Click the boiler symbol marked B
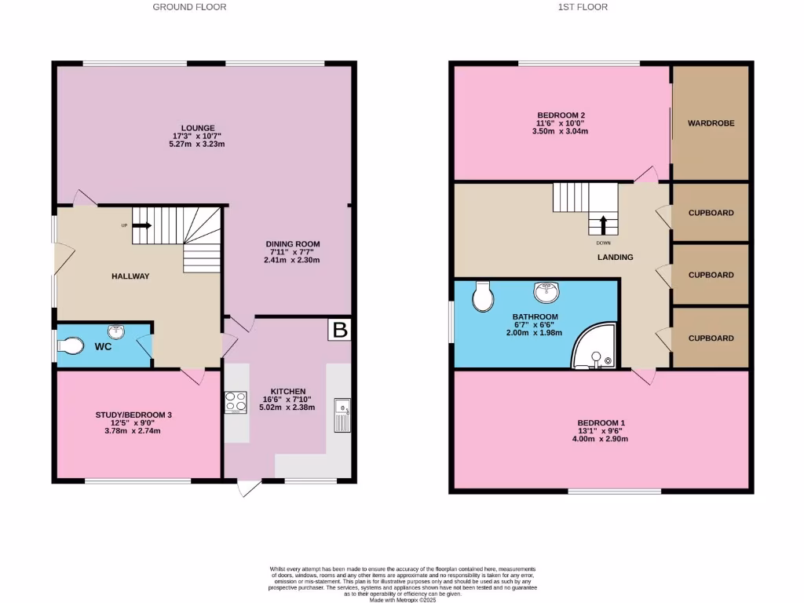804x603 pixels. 340,330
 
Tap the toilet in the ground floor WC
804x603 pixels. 70,346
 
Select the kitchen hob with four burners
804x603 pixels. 236,402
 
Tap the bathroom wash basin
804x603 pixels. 547,293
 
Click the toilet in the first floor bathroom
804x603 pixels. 484,296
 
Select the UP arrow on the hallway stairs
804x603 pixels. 141,226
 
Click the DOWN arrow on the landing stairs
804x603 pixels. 603,225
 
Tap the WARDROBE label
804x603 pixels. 711,123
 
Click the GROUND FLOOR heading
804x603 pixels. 189,7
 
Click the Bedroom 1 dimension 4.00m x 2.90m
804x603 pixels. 601,439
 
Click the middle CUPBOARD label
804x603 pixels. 711,275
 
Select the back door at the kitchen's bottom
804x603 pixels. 250,488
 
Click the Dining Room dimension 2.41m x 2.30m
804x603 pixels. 292,260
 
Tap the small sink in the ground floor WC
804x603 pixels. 116,331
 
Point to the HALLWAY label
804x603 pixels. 130,276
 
